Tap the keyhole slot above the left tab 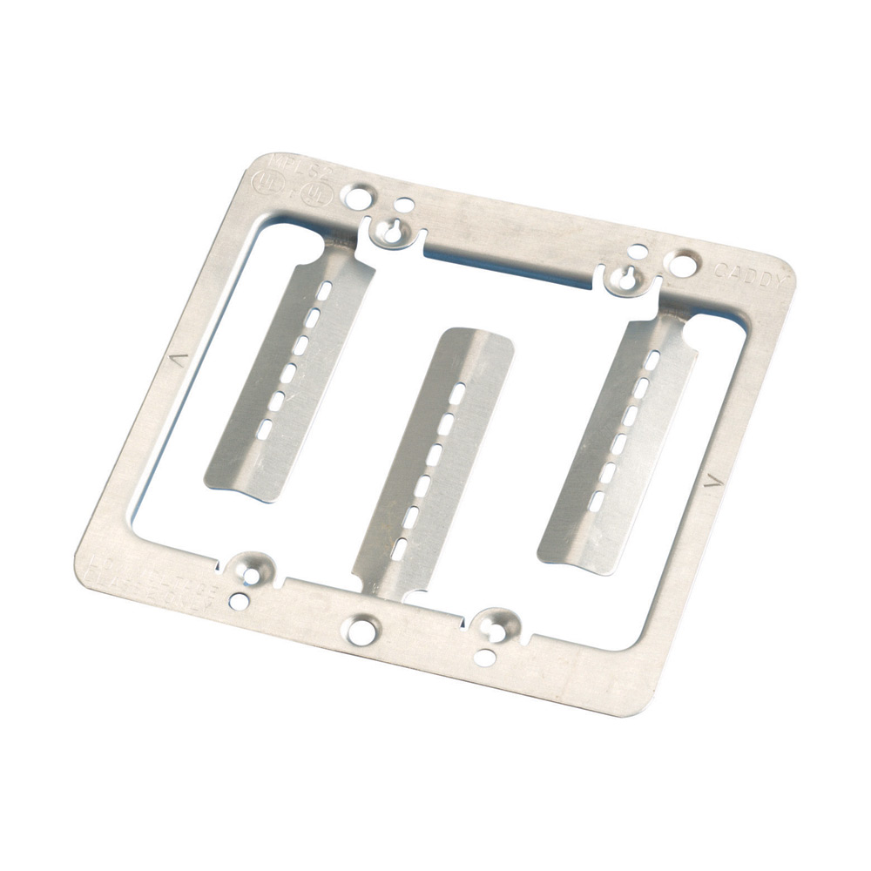[391, 230]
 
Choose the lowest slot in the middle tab [397, 549]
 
